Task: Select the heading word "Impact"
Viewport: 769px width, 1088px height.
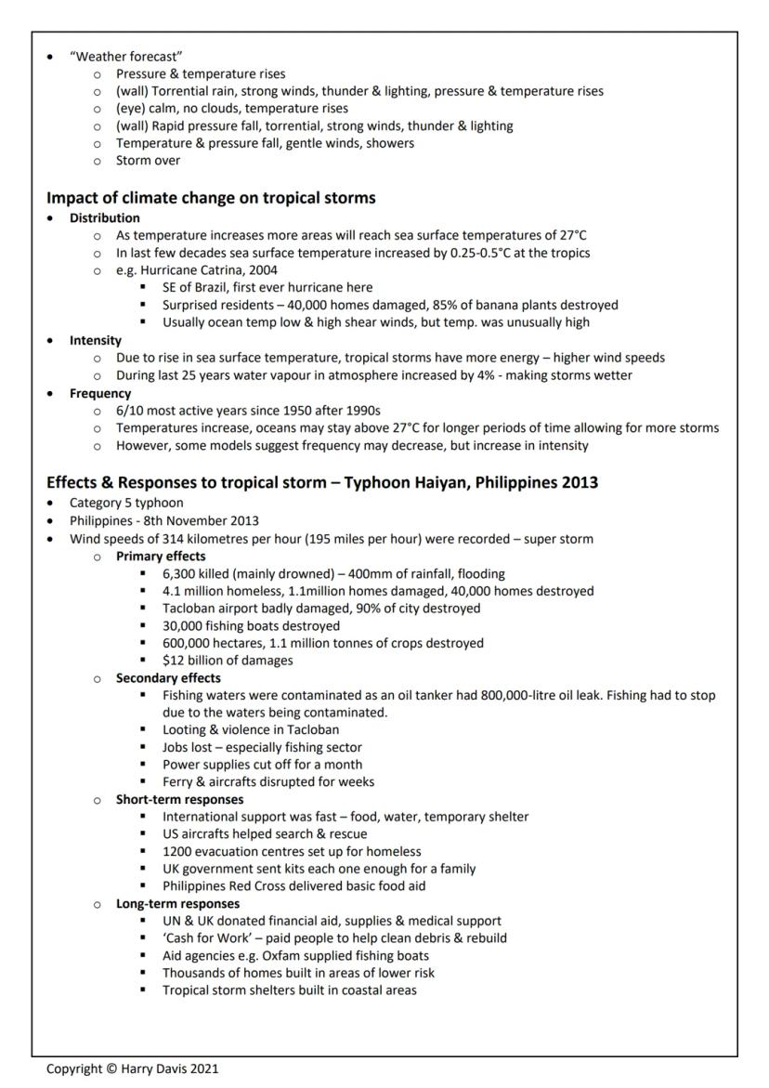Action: point(74,197)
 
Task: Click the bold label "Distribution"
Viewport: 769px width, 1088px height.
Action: point(105,218)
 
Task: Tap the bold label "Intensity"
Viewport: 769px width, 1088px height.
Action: point(96,340)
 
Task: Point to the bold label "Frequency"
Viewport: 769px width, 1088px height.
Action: point(100,393)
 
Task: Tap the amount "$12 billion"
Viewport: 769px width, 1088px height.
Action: point(197,661)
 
